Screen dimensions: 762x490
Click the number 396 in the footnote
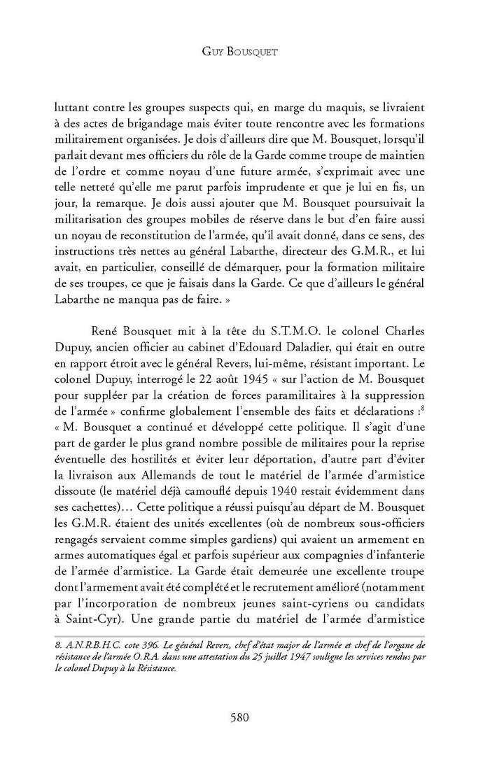point(124,644)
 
